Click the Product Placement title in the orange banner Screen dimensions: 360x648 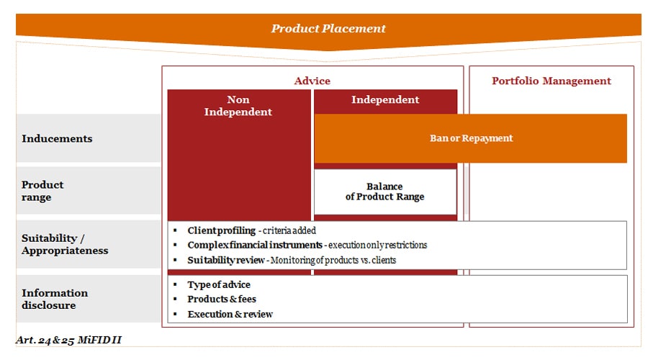[328, 29]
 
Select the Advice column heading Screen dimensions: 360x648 [312, 81]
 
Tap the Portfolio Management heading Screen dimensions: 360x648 [551, 81]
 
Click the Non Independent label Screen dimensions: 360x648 [238, 106]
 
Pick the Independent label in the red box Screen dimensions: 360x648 [385, 99]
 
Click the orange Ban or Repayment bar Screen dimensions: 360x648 [471, 138]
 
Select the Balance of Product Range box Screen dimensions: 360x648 [384, 192]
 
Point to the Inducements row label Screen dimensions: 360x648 [57, 138]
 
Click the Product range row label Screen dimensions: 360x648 [42, 191]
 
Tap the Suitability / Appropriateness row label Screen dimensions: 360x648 [65, 244]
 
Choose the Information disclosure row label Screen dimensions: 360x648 [55, 299]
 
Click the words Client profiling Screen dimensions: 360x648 [221, 231]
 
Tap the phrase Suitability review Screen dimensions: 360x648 [225, 260]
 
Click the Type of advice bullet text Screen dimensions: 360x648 [219, 284]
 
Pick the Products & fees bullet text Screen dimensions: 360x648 [221, 299]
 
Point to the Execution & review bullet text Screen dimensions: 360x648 [230, 314]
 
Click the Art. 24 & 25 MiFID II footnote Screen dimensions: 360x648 [73, 339]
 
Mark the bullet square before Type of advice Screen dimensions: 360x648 [175, 284]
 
